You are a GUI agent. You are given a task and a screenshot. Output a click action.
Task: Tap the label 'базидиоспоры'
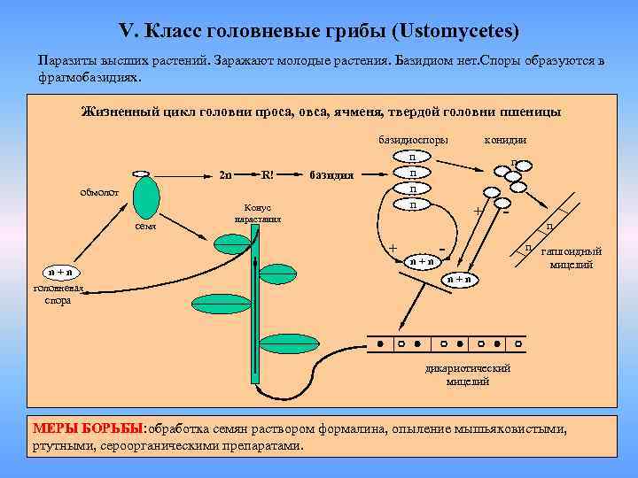413,140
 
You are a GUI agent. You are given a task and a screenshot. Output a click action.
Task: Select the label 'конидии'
506,140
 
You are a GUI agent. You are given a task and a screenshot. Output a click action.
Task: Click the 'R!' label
268,173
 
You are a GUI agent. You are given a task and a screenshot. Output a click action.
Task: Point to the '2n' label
226,174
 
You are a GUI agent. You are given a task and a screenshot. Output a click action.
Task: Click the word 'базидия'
331,175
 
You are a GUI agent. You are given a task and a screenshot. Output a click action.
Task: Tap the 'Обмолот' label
98,192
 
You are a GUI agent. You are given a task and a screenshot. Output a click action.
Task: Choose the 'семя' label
145,227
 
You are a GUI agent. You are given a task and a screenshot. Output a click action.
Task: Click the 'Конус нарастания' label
259,212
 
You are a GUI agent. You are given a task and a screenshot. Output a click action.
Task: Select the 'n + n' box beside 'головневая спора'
61,272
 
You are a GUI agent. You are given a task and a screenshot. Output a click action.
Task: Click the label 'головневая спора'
58,294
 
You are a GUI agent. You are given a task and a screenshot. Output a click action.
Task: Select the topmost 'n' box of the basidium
413,158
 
